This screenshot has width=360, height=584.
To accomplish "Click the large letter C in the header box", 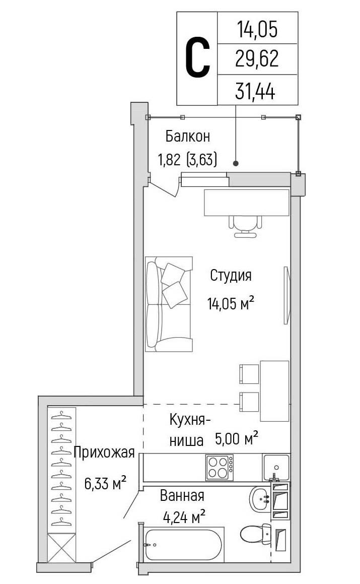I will coord(197,59).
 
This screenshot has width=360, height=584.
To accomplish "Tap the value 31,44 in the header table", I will coord(257,91).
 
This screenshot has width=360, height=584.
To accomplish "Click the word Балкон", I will coord(187,136).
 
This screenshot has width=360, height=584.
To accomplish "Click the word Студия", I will coord(231,276).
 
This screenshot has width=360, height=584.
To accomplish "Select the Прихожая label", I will coord(104,452).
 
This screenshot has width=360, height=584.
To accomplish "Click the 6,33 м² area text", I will coord(105,484).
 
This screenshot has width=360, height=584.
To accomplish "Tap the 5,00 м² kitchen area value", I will coord(237,439).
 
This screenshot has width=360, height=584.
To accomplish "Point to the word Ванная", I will coord(182,496).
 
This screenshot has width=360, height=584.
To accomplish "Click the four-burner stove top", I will coord(219,467).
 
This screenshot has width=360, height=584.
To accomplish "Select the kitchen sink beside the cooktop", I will coord(276,467).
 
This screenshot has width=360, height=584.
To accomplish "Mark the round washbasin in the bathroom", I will coord(260,499).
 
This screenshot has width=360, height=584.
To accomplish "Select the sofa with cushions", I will coord(168,304).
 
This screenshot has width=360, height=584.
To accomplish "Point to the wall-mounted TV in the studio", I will coord(286,295).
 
